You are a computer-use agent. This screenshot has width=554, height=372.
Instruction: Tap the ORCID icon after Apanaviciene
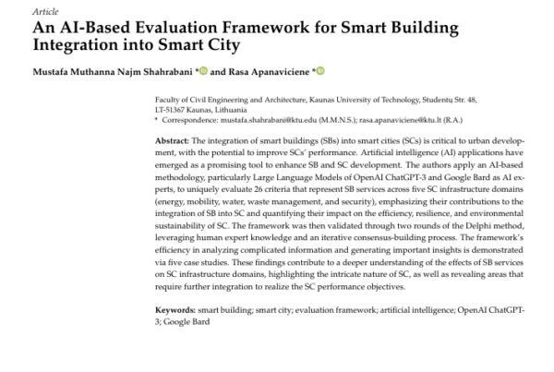tap(322, 71)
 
